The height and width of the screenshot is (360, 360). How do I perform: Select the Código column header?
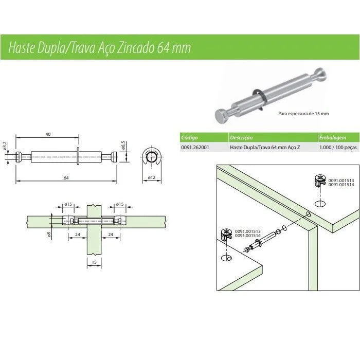pyautogui.click(x=190, y=138)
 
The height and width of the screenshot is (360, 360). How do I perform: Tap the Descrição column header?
pyautogui.click(x=242, y=138)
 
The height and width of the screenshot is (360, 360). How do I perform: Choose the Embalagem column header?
pyautogui.click(x=332, y=138)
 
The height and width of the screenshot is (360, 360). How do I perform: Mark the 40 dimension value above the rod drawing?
pyautogui.click(x=48, y=134)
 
